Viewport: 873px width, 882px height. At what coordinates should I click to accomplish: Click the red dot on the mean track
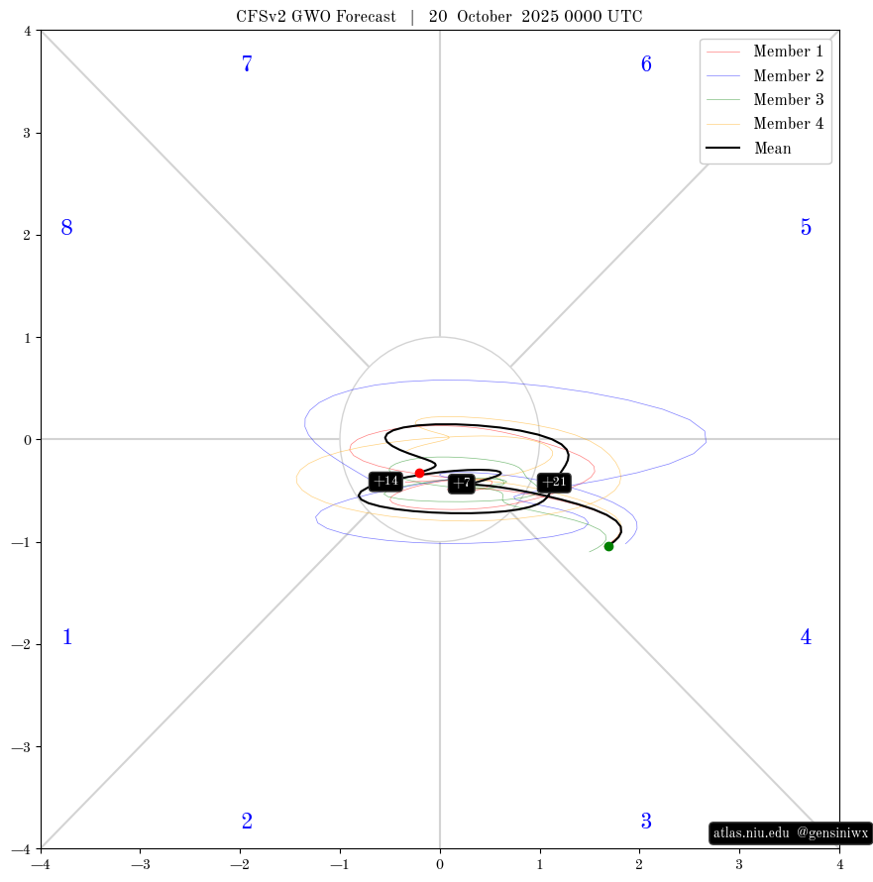tap(419, 473)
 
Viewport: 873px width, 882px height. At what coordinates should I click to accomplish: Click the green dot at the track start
tap(608, 546)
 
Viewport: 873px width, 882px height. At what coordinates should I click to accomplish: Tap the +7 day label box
tap(461, 484)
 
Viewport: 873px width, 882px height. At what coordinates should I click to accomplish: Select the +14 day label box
tap(385, 481)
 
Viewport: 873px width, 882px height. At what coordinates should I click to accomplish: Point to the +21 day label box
tap(554, 482)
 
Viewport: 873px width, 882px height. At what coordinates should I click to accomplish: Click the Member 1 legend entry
tap(764, 52)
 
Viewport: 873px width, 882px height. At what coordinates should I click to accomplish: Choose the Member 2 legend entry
tap(764, 75)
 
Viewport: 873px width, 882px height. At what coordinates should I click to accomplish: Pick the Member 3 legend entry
tap(764, 99)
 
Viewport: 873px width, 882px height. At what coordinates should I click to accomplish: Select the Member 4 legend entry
tap(764, 124)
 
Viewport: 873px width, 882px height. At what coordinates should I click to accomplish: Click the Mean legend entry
tap(749, 148)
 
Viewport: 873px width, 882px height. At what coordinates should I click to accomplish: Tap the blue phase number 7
tap(247, 63)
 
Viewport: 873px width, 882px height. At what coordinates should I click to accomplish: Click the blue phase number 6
tap(646, 63)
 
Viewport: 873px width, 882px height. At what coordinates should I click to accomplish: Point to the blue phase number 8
tap(67, 227)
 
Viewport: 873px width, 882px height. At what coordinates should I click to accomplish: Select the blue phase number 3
tap(646, 822)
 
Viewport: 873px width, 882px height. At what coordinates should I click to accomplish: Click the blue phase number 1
tap(67, 637)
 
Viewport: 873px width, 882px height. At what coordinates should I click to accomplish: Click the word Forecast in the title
tap(367, 16)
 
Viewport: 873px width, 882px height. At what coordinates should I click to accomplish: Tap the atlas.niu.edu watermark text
tap(751, 832)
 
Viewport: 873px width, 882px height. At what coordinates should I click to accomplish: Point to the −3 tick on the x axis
tap(141, 864)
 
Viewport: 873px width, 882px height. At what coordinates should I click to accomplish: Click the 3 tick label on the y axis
tap(27, 134)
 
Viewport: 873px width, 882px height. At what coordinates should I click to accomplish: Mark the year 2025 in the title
tap(540, 16)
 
